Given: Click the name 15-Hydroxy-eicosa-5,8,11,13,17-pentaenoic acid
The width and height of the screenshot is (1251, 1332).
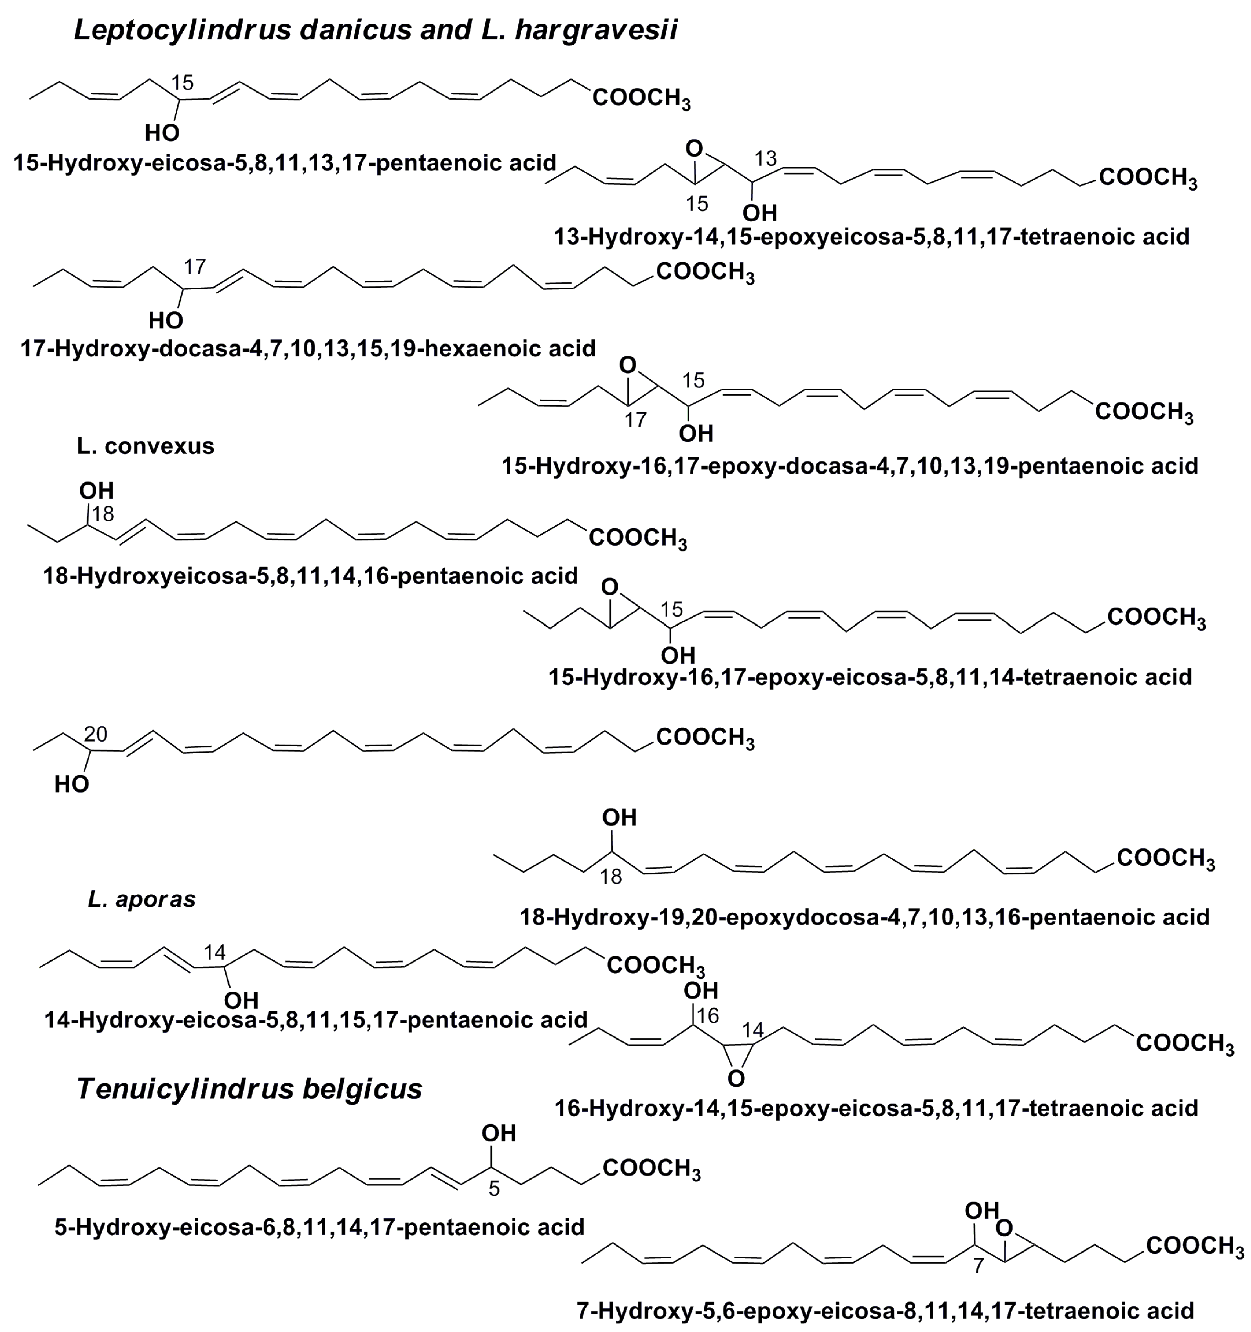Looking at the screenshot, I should (285, 163).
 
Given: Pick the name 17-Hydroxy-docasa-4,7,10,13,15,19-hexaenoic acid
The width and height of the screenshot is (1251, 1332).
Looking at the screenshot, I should (307, 348).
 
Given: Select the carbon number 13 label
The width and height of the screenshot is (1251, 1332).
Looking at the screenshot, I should (765, 159).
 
